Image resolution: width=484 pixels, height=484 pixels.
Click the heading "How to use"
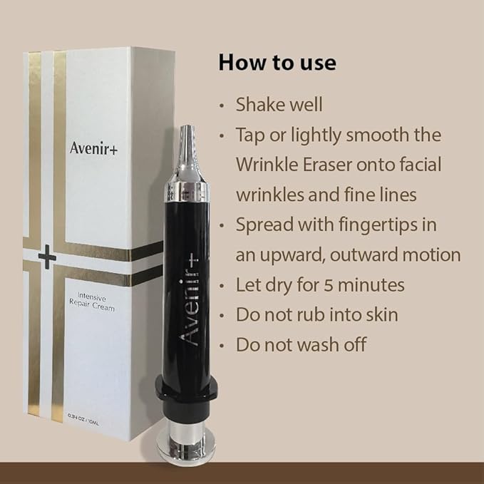coord(277,62)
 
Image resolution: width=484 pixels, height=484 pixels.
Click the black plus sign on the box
coord(47,257)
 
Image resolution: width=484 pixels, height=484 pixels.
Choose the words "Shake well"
coord(279,104)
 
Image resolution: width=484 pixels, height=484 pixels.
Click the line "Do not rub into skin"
coord(319,315)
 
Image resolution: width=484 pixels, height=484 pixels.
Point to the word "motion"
coord(433,254)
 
